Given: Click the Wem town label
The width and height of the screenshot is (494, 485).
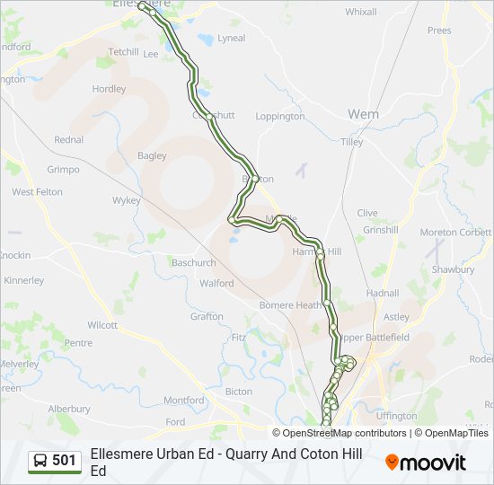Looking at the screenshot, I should pos(364,114).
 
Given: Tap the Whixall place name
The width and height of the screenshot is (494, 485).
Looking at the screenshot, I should pos(361,12).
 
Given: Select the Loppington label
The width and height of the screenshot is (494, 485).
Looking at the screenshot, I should pos(280,117).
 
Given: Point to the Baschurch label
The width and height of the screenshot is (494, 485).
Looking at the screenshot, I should pos(193,263).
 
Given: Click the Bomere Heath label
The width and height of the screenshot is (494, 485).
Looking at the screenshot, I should pos(290,305).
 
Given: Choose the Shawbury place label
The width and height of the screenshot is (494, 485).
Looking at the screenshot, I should pos(453,269).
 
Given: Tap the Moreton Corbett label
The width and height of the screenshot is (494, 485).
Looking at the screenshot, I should pos(455,233).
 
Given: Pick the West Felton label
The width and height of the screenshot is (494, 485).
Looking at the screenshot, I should pos(37,192).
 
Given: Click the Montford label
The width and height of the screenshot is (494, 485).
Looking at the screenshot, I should pos(183,401).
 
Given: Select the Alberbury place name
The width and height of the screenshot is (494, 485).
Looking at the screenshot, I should pos(69,409).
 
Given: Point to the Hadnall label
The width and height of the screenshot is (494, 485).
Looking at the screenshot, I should pos(383,293).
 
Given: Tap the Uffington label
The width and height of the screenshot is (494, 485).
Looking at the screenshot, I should pos(397,416).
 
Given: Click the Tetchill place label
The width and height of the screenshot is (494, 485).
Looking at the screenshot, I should pos(124,51).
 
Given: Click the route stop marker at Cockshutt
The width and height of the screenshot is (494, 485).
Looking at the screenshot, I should pos(208,116).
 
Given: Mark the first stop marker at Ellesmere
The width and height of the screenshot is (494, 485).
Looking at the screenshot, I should pos(143,7).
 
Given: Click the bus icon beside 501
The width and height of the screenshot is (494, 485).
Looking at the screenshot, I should pos(40,461).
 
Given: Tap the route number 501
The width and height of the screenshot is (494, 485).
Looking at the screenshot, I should pos(65,461).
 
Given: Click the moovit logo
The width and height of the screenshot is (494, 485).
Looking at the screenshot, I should pos(426,463).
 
